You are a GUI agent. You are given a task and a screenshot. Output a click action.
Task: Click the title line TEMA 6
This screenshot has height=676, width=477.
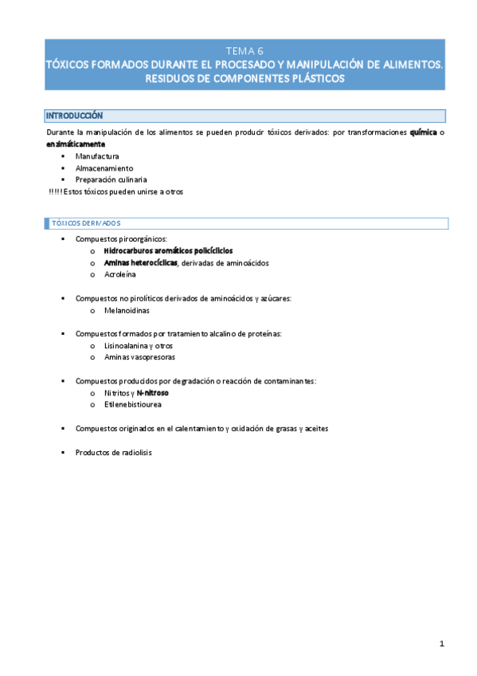click(x=244, y=50)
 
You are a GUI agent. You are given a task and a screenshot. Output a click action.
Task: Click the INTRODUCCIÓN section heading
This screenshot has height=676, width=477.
click(x=74, y=116)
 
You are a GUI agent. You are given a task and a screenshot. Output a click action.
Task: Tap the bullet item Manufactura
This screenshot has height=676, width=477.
click(x=97, y=156)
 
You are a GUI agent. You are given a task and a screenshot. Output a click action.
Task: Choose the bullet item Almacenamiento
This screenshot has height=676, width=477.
click(x=104, y=168)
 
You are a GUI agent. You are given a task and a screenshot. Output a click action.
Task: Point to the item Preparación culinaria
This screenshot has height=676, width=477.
click(x=111, y=179)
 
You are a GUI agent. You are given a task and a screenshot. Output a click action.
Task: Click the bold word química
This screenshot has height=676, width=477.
click(x=423, y=132)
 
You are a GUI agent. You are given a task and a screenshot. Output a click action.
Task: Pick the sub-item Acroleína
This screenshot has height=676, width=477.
click(x=120, y=274)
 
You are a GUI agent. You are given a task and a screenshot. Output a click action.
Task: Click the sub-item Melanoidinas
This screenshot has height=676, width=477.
click(x=127, y=310)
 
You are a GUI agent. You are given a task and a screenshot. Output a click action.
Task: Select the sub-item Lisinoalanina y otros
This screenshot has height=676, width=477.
click(x=138, y=346)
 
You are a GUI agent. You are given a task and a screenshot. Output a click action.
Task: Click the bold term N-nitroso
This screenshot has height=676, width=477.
click(x=152, y=393)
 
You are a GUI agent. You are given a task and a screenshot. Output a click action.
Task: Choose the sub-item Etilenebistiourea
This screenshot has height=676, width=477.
click(x=132, y=405)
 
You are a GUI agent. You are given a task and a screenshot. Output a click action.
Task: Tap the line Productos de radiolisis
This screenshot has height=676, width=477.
click(x=113, y=452)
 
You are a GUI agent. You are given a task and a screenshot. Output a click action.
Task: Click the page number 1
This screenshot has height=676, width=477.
click(x=441, y=643)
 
